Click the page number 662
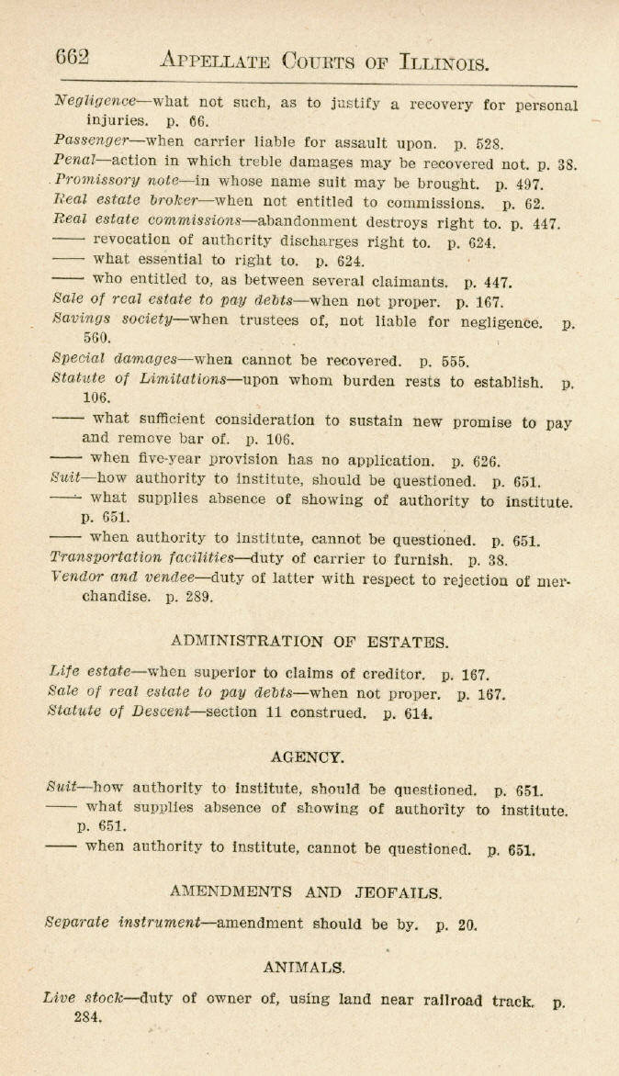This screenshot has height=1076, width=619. tap(73, 58)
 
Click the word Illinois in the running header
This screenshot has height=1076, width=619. tap(445, 62)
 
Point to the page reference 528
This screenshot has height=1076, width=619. tap(490, 143)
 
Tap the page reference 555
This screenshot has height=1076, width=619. tap(453, 361)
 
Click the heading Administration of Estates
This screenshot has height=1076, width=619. tap(309, 642)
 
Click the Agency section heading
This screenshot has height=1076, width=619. tap(309, 757)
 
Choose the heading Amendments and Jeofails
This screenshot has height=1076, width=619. tap(307, 891)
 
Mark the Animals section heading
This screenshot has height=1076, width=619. tap(304, 967)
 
